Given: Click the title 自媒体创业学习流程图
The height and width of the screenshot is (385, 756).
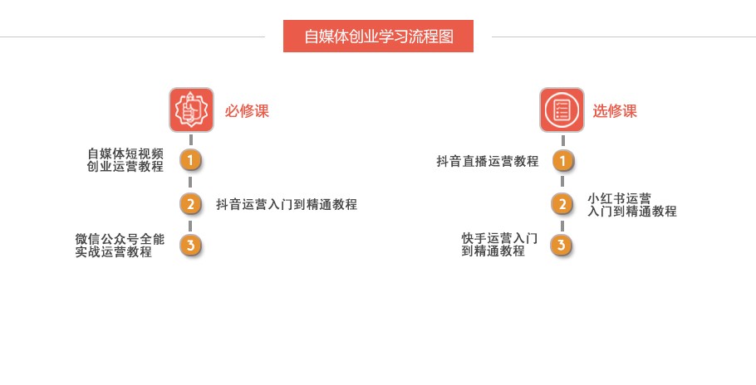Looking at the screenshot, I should [x=378, y=37].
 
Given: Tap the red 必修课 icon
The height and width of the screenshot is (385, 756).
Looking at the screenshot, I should [x=191, y=110].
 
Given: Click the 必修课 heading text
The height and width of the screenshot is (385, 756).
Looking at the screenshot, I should [x=247, y=111].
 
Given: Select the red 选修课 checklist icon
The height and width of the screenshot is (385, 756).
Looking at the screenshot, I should [x=562, y=110].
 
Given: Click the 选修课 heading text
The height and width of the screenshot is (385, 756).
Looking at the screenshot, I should [x=615, y=111].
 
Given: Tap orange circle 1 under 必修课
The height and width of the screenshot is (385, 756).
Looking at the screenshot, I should [x=191, y=160].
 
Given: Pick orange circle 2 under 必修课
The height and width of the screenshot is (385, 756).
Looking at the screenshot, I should [x=191, y=203].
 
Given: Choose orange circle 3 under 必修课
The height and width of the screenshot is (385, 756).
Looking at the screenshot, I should [x=191, y=246].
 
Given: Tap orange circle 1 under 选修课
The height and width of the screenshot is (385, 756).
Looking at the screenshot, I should [x=562, y=160].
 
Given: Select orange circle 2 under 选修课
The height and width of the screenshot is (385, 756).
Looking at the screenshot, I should [x=562, y=203].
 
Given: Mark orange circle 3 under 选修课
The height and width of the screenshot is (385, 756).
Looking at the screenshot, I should [x=562, y=246].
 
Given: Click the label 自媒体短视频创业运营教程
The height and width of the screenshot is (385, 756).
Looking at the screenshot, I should [x=125, y=159].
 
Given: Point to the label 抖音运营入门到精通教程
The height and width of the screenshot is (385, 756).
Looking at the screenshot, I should [x=287, y=204].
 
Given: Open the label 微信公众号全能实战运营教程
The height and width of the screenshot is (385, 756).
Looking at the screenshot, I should [x=120, y=246].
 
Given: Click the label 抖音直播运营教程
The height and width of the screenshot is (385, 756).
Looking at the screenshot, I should [x=488, y=161].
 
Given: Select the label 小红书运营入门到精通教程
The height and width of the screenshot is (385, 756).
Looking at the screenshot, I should [x=631, y=205].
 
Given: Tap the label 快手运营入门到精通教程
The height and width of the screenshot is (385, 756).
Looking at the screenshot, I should [x=499, y=245].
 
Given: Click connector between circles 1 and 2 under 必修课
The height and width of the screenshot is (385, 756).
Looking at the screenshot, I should [x=191, y=182].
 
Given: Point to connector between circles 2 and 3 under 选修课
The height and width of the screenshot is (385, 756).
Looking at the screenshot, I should [x=562, y=225].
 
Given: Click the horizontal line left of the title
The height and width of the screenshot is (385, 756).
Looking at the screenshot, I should [x=133, y=37].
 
